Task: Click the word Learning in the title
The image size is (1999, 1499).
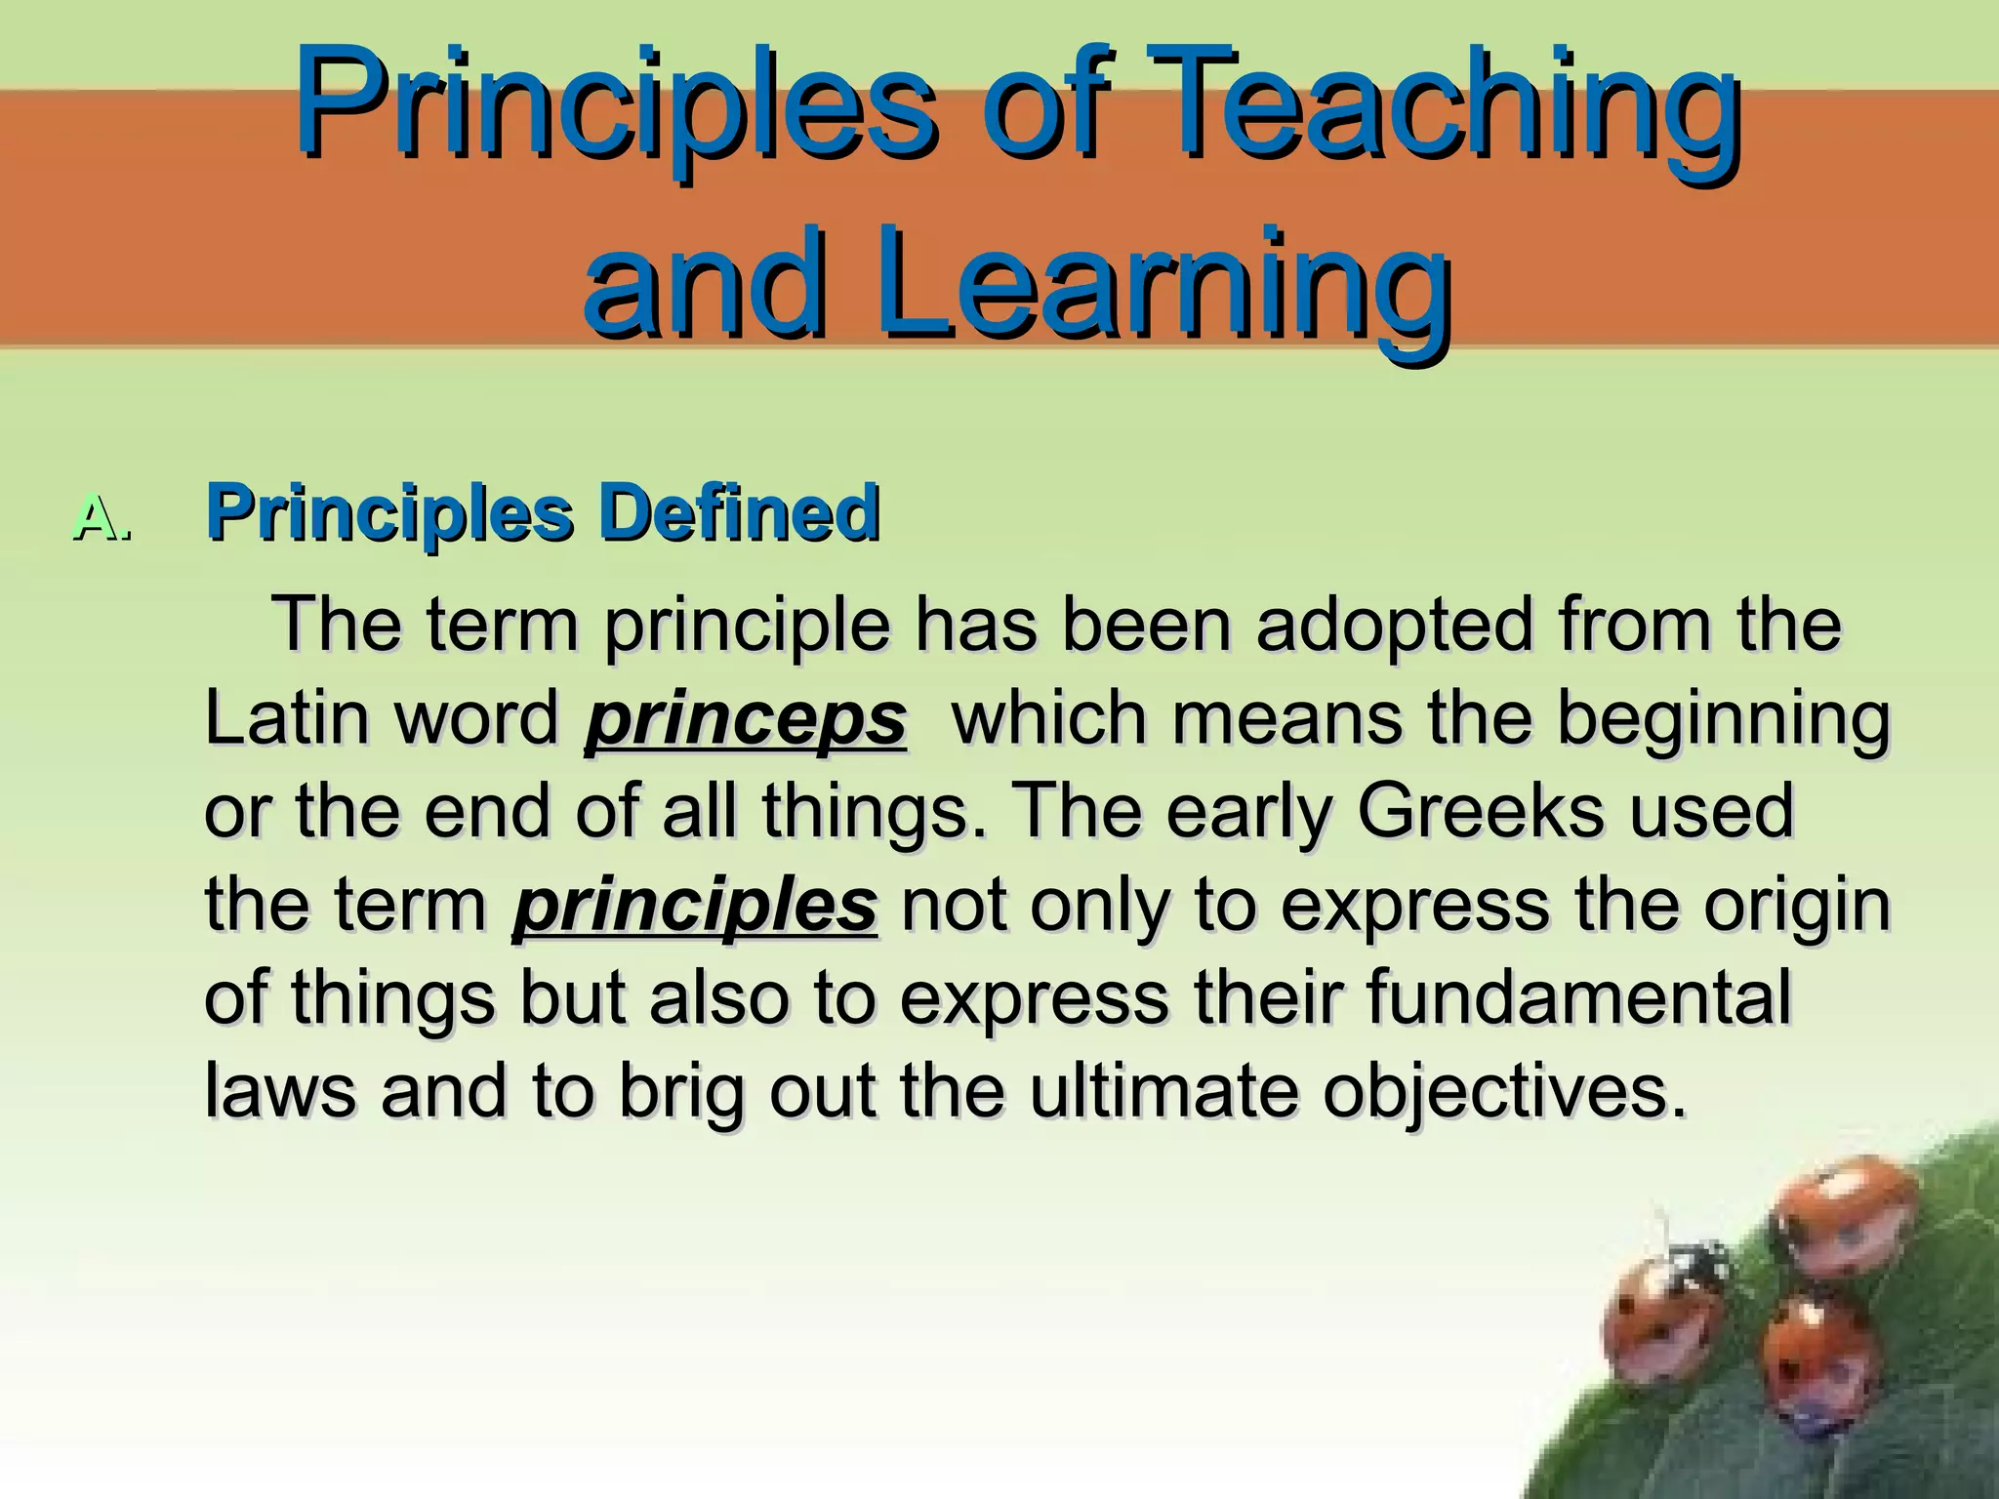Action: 1162,283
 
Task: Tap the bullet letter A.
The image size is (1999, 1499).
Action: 102,517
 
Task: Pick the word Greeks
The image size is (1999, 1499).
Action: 1479,810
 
